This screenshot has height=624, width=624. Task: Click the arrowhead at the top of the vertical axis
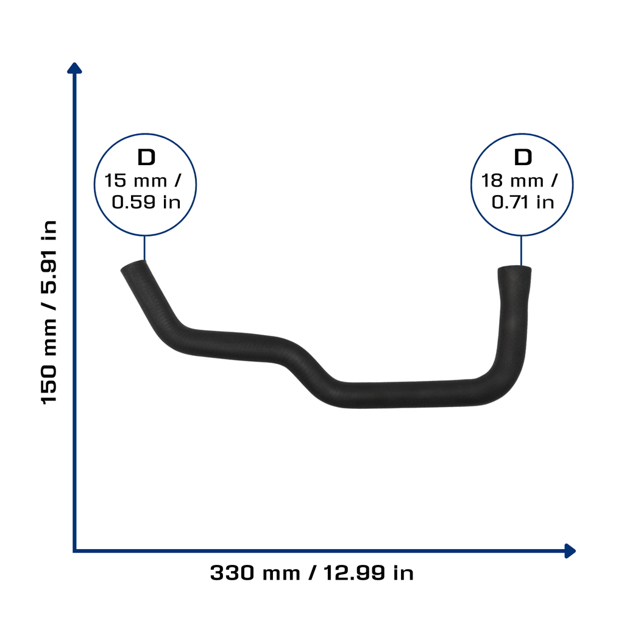(x=74, y=68)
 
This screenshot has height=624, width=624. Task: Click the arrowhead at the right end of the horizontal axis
(x=570, y=551)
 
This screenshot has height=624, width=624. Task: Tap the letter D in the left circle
(x=146, y=158)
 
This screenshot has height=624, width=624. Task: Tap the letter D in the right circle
(x=522, y=158)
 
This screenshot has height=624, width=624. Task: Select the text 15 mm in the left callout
(x=136, y=180)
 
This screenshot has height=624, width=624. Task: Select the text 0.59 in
(x=146, y=202)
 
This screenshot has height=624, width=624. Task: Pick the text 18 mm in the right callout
(x=512, y=180)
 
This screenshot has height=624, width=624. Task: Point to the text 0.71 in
(x=522, y=202)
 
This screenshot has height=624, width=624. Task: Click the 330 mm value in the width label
(x=255, y=573)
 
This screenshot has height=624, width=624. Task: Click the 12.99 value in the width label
(x=354, y=573)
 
